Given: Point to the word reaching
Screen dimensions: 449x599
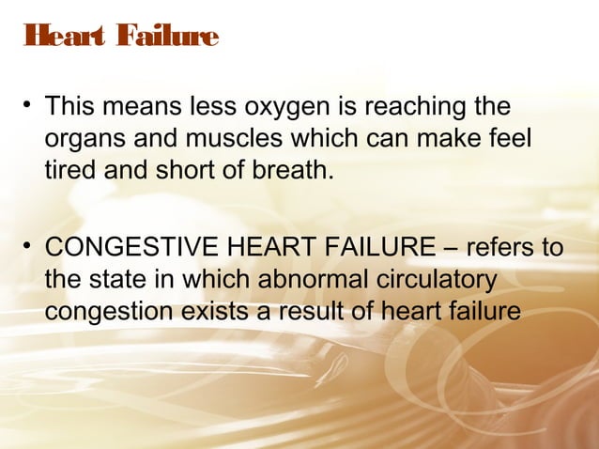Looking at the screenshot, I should [x=407, y=108].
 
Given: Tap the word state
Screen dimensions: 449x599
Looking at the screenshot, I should [x=119, y=280].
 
